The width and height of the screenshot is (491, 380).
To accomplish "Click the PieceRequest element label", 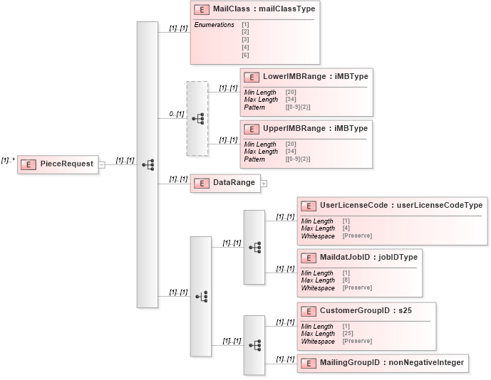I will coord(66,164).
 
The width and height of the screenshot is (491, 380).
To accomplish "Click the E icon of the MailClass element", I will coord(202,9).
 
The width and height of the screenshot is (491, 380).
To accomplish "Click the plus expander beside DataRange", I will coord(264,183).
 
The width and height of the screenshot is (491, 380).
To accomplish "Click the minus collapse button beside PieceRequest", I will coord(102,164).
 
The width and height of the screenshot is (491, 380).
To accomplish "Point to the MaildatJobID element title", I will coord(368,257).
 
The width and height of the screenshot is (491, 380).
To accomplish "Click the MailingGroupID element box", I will coord(383,362).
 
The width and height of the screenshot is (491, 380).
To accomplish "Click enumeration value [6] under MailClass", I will coord(245,55).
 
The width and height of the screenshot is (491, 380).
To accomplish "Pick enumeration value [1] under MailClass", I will coord(245,25).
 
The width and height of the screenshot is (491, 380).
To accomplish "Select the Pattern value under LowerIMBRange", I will coord(297,107).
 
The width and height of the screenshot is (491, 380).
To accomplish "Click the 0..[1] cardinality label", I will coord(176,114).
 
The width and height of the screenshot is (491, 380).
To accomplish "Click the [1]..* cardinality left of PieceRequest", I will coord(8,160).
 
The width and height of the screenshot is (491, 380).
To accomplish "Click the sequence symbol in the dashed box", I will coord(198,118).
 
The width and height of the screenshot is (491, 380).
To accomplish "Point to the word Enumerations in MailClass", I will coord(215,25).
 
